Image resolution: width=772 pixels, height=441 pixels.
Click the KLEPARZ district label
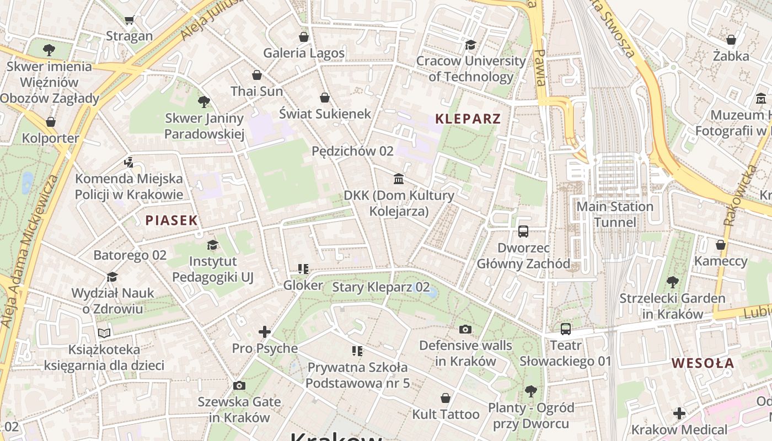point(468,119)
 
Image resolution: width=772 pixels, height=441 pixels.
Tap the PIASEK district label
point(171,220)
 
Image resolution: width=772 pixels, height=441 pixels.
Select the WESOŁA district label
point(703,363)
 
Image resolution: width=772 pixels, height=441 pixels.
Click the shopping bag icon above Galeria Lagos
point(303,37)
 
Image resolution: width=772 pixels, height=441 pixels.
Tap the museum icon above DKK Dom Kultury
point(399,179)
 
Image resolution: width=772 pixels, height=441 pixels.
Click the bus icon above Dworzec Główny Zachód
point(523,232)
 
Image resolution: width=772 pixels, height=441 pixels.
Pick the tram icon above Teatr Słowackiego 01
point(565,329)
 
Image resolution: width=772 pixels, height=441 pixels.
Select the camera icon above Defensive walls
point(465,329)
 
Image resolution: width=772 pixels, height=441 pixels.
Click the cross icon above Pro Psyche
point(265,332)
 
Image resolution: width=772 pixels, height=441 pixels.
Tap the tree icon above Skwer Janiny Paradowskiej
point(203,101)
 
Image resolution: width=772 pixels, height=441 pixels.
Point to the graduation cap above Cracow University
point(470,45)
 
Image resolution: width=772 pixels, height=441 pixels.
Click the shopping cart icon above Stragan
point(129,20)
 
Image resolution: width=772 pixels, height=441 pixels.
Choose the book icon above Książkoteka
point(104,333)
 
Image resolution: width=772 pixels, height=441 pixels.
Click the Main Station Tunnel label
point(614,214)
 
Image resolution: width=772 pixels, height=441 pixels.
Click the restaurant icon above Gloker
point(303,269)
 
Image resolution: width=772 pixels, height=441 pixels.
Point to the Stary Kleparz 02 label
point(380,287)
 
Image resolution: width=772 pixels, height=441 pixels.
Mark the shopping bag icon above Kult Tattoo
point(446,398)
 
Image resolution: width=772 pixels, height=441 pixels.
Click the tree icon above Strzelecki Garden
point(672,282)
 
